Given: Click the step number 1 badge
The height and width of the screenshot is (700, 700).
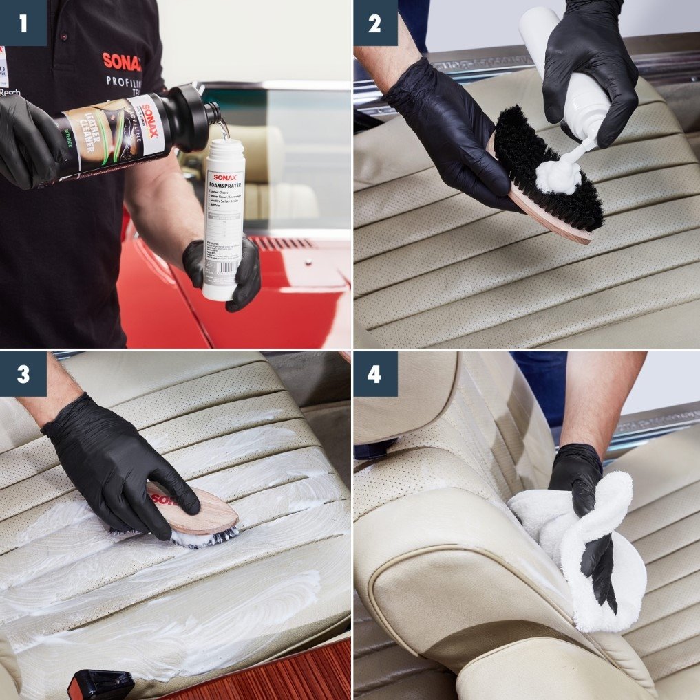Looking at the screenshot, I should point(23,23).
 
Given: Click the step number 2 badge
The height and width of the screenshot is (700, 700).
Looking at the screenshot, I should point(375,23).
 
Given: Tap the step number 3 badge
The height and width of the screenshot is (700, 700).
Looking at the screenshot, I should point(23,374).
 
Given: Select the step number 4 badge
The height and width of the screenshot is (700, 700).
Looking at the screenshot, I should point(375,374).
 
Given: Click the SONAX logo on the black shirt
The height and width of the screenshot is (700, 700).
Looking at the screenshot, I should point(122,61).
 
